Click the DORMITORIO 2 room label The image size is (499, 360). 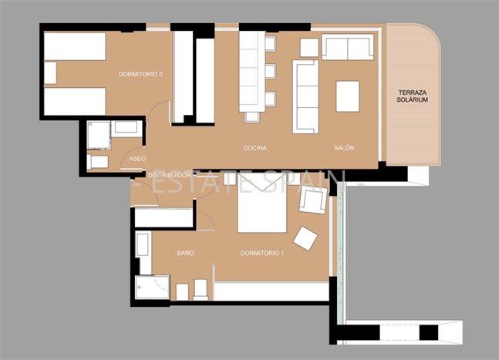tap(140, 75)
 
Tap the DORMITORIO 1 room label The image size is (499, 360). tap(262, 253)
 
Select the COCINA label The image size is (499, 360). tap(255, 148)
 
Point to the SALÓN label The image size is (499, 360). tap(344, 148)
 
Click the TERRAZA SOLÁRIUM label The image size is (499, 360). tap(413, 96)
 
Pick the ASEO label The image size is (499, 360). tap(137, 159)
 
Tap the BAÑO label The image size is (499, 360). tap(185, 253)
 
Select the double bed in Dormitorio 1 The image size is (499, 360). tap(261, 204)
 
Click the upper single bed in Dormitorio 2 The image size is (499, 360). tap(74, 46)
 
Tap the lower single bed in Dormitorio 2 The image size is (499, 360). tap(74, 101)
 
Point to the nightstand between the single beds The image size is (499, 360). tap(51, 73)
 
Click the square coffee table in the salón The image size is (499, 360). tap(348, 96)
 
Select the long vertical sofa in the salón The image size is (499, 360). tap(305, 97)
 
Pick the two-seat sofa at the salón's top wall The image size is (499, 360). tap(347, 48)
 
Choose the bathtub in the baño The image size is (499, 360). tap(143, 246)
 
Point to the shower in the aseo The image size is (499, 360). tap(98, 136)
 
